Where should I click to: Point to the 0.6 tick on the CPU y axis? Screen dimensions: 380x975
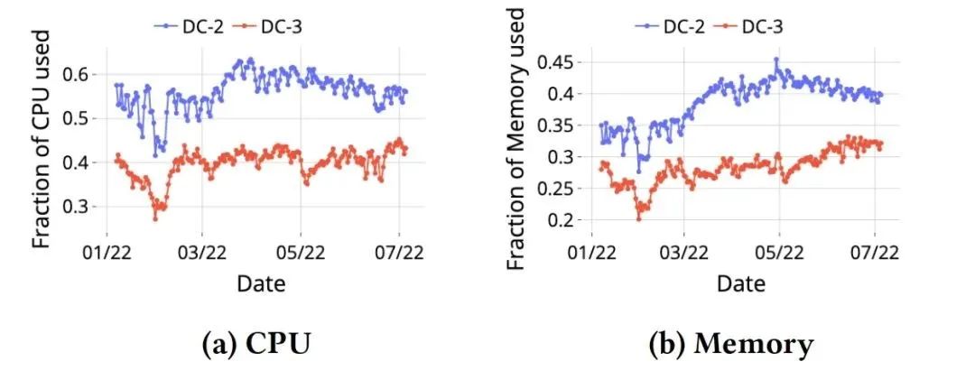[81, 73]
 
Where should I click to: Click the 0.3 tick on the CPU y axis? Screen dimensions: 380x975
[81, 207]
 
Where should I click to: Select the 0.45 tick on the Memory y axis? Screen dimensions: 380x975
[556, 61]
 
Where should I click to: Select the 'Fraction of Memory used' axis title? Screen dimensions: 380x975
[515, 140]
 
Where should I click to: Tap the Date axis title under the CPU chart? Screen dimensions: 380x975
[261, 283]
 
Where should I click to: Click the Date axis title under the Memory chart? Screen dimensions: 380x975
[741, 283]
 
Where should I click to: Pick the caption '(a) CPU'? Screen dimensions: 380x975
[255, 344]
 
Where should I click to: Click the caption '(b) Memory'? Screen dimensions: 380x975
[732, 344]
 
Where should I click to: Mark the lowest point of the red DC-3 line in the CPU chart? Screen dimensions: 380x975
[155, 218]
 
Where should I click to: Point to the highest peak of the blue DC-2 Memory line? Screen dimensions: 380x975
[775, 60]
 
